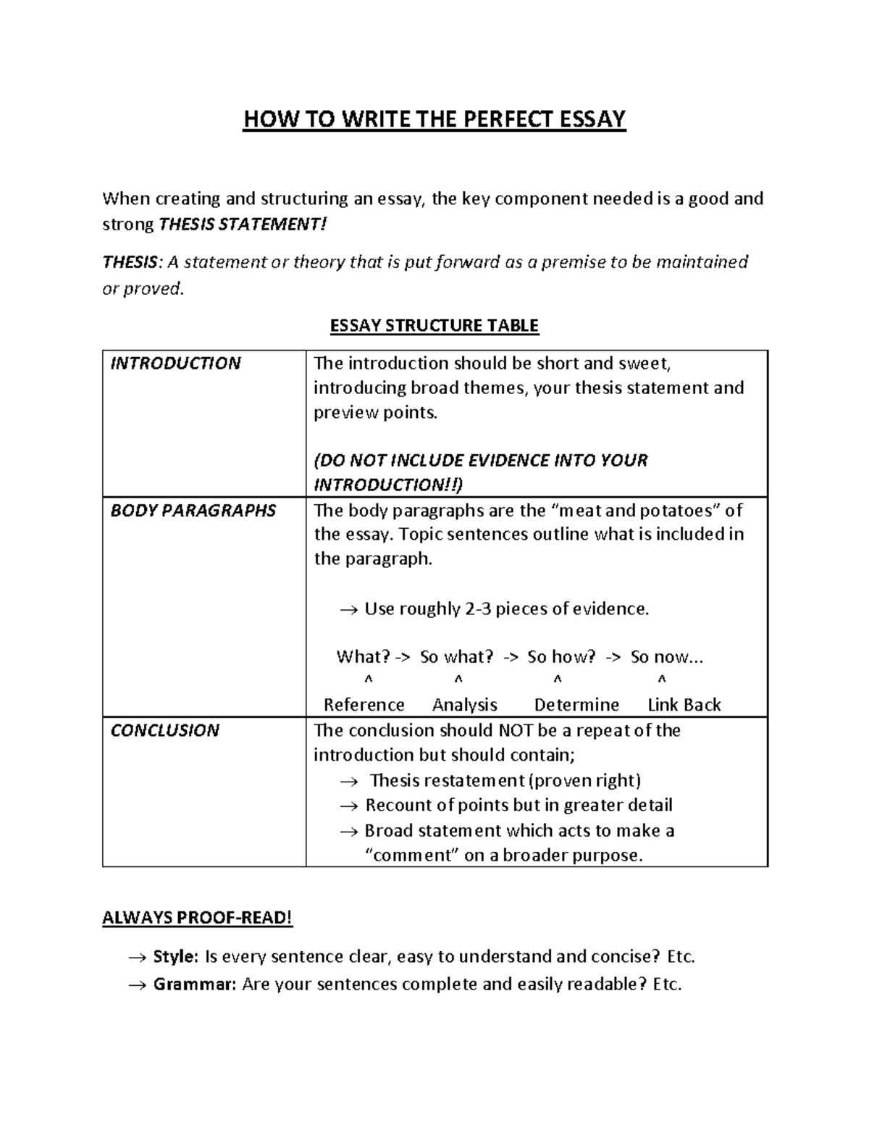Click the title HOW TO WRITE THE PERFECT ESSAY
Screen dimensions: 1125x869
[x=434, y=119]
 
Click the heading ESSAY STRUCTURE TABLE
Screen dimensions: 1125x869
[x=434, y=325]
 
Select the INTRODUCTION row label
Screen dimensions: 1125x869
[x=175, y=364]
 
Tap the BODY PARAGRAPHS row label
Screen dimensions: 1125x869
[x=193, y=511]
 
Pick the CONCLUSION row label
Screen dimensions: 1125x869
[x=164, y=730]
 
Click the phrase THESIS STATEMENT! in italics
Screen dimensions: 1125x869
[x=243, y=225]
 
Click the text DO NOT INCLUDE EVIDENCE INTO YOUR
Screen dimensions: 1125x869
[x=481, y=461]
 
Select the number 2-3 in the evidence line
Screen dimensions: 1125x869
[x=479, y=608]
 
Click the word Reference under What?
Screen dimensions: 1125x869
[x=364, y=705]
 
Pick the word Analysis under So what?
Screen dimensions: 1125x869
[x=464, y=705]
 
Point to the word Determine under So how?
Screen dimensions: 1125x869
[x=576, y=705]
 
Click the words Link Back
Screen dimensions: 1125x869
[x=684, y=705]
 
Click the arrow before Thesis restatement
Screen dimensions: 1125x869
[x=349, y=782]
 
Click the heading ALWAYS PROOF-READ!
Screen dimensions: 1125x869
[x=198, y=918]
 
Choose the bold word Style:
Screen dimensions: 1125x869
[x=175, y=957]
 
